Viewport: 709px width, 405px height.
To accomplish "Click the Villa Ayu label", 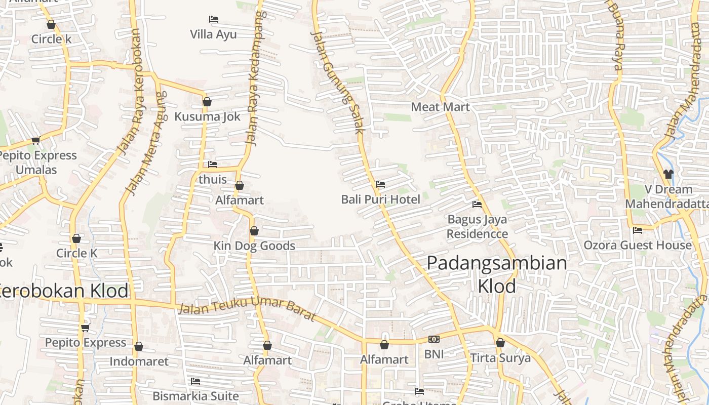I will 213,34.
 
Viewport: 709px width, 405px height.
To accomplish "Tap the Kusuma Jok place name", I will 207,116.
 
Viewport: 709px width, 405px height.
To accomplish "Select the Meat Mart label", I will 440,107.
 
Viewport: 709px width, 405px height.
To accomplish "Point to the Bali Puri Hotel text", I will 380,199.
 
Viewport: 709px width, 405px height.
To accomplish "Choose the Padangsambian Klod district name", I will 496,274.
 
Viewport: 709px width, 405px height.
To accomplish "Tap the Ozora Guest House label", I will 637,245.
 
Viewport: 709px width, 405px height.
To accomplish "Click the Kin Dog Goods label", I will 254,246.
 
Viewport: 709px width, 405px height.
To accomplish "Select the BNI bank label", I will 434,354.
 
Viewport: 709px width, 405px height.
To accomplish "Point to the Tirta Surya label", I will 500,358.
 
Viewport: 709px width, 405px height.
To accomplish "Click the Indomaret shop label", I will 139,361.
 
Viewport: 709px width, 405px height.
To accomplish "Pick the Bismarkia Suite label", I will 195,395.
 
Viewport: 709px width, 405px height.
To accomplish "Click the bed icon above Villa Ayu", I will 214,19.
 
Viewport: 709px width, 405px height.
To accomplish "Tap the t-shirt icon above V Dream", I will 668,174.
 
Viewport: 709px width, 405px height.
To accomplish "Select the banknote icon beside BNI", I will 434,339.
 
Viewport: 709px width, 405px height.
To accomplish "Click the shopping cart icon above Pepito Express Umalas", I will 35,140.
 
